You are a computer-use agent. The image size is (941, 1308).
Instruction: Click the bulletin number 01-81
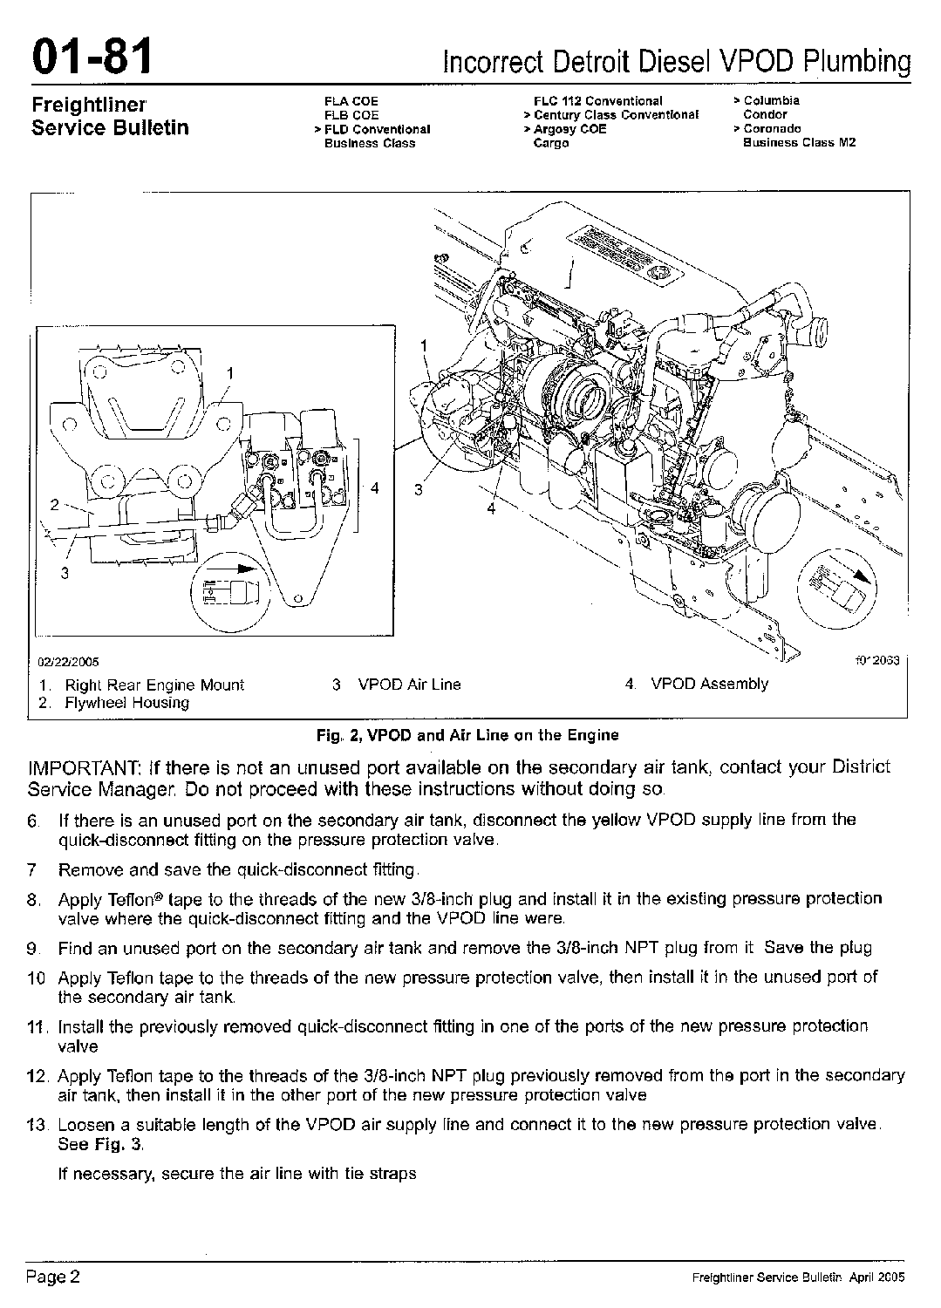click(92, 57)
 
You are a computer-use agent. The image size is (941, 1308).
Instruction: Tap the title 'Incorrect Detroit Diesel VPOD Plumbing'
click(677, 61)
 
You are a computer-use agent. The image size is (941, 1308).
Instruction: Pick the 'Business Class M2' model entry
click(799, 142)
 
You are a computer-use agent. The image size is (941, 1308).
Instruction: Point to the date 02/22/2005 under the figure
click(68, 662)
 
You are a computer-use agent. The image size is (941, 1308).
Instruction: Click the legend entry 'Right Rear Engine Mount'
click(154, 685)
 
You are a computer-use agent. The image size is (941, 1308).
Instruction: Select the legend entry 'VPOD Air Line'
click(410, 685)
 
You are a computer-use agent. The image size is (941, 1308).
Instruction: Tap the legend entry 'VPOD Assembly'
click(710, 684)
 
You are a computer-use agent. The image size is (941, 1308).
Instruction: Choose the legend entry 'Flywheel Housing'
click(126, 703)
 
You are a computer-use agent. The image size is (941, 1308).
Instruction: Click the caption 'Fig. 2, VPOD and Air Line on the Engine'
click(467, 735)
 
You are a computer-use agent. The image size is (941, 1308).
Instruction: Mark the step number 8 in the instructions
click(33, 899)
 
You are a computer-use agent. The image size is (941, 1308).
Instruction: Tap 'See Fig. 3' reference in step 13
click(100, 1144)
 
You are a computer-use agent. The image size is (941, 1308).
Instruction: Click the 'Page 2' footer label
click(52, 1277)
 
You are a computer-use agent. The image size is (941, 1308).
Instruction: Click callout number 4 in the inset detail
click(374, 487)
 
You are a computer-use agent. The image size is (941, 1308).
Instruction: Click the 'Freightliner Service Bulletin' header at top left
click(111, 116)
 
